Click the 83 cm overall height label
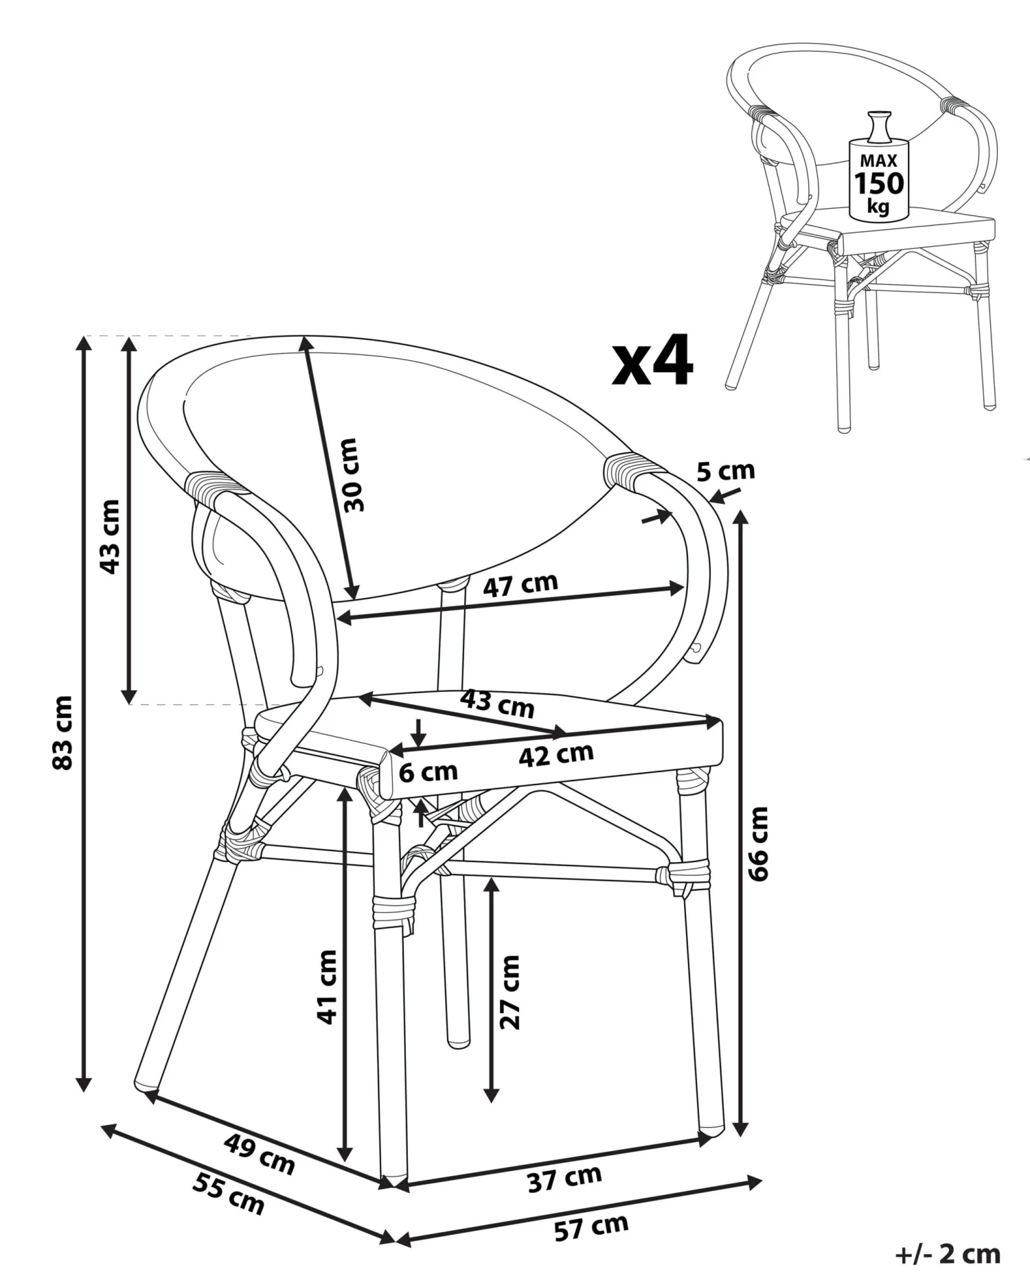click(62, 732)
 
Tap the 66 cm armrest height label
click(758, 844)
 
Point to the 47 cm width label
click(520, 585)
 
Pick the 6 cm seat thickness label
click(428, 772)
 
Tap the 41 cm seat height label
click(327, 986)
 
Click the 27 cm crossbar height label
click(510, 992)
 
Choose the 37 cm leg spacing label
click(564, 1179)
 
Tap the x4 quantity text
click(652, 361)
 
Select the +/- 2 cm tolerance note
click(948, 1254)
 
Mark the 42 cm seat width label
click(556, 755)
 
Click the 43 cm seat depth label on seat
click(497, 703)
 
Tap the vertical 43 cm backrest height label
click(110, 537)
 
